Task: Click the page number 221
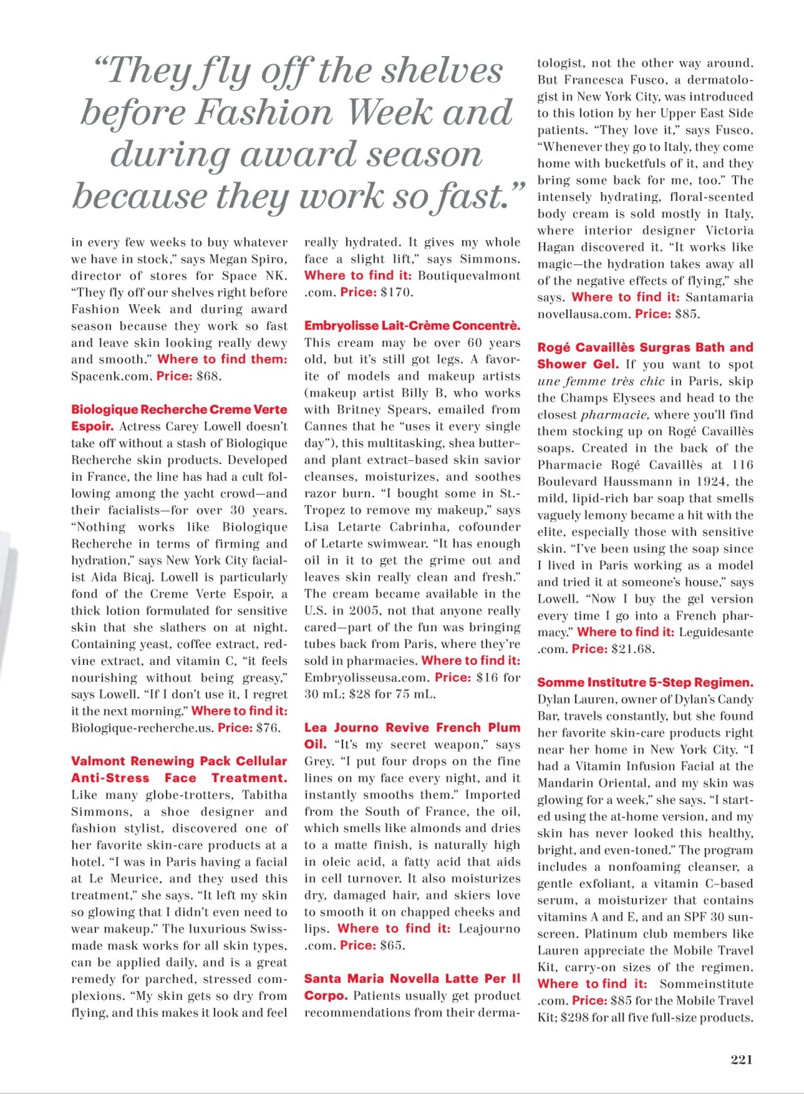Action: (x=741, y=1059)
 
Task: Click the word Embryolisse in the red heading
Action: (x=339, y=325)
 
